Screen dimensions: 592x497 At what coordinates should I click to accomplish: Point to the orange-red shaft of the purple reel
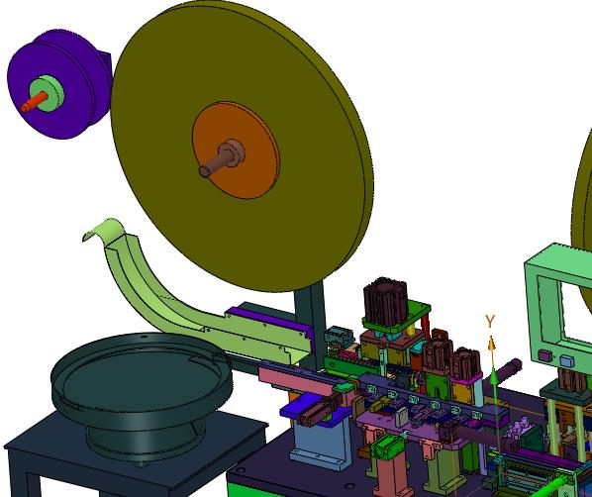pos(34,102)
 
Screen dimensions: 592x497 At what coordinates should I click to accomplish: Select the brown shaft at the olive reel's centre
pos(221,158)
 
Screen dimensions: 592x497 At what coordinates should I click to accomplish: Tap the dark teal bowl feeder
pos(142,393)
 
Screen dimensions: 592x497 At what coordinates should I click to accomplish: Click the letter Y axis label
pos(490,322)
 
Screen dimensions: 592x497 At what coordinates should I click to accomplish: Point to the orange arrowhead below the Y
pos(491,345)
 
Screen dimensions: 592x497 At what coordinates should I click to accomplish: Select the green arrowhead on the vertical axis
pos(493,376)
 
